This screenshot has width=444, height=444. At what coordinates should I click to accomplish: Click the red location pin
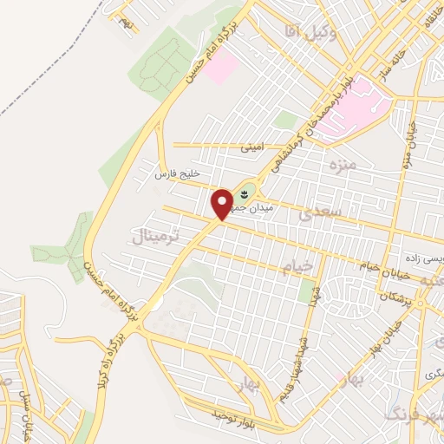point(222,204)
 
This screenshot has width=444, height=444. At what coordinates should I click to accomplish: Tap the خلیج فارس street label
point(172,174)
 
